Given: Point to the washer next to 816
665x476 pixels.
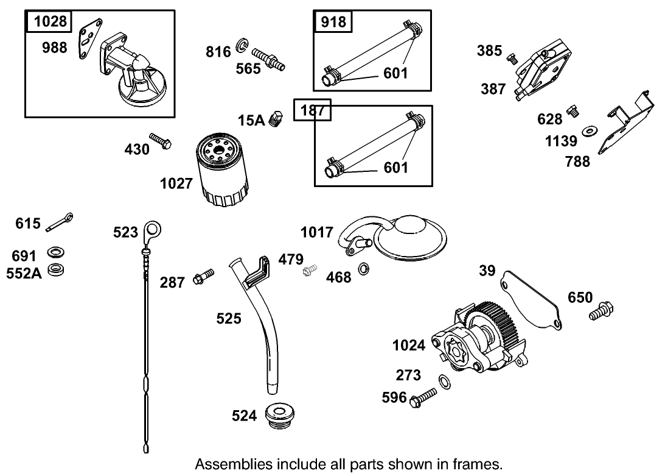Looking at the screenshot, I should pyautogui.click(x=243, y=45).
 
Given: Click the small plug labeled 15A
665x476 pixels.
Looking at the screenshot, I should pyautogui.click(x=277, y=118).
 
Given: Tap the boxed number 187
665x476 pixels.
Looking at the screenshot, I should pyautogui.click(x=312, y=110).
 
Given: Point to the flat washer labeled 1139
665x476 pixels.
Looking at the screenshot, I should pyautogui.click(x=590, y=131).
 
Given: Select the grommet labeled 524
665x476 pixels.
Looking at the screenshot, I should pyautogui.click(x=281, y=414).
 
